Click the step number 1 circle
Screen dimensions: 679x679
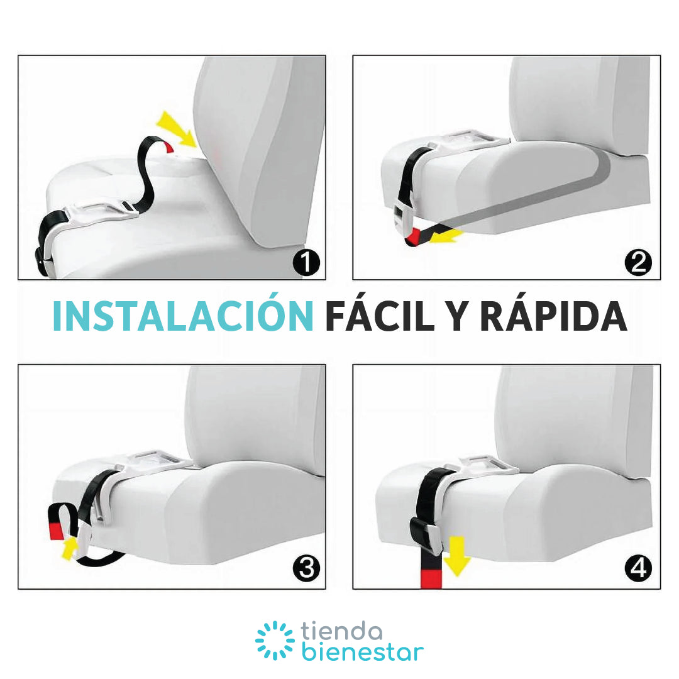tap(306, 262)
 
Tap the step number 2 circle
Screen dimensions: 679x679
tap(638, 262)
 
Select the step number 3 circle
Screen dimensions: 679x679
tap(306, 568)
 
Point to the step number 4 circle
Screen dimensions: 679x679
tap(638, 568)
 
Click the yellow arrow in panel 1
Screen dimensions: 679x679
tap(177, 129)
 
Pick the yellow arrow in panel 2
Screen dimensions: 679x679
tap(448, 236)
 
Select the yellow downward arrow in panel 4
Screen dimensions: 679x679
tap(457, 556)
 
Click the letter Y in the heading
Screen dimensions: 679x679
tap(457, 316)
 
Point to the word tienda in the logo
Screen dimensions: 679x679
tap(341, 631)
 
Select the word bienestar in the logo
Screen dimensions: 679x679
tap(363, 652)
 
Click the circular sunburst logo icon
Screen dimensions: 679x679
tap(275, 641)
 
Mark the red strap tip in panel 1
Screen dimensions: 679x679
tap(169, 147)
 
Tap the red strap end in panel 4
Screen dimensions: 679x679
tap(431, 580)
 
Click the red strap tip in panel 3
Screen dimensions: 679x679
tap(57, 531)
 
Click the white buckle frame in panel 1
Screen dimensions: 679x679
tap(104, 211)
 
